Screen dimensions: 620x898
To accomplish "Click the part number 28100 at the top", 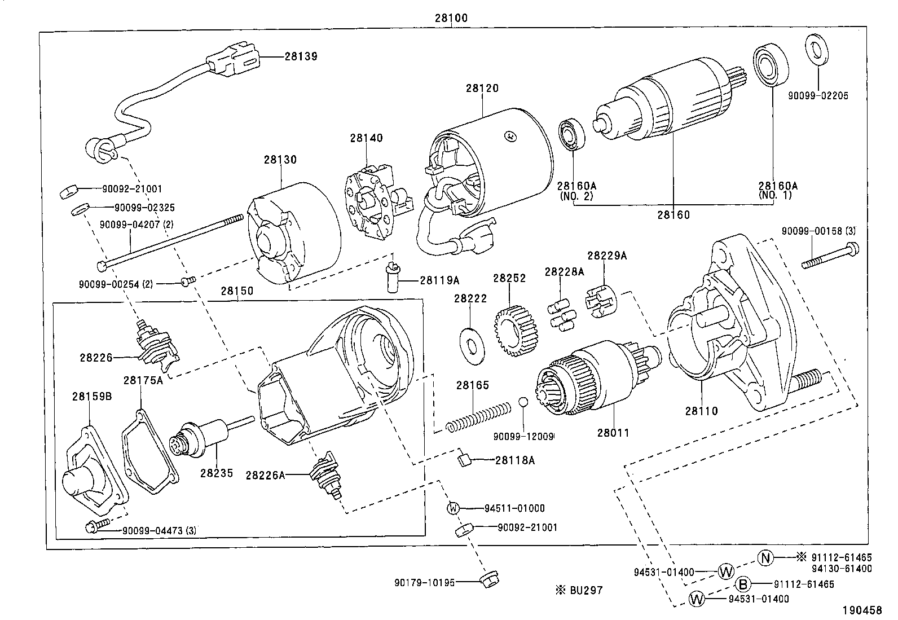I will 451,17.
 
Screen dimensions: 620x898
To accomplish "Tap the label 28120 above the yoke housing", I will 482,89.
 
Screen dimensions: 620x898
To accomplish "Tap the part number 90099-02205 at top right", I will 817,96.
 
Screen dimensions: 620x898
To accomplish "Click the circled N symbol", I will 764,559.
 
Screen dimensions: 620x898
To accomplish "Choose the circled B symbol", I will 743,584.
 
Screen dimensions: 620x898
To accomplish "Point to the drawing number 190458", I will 862,610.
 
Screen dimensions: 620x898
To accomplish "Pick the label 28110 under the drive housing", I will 701,411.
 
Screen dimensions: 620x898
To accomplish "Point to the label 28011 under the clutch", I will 613,433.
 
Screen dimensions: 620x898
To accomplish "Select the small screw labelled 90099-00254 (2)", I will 188,281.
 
